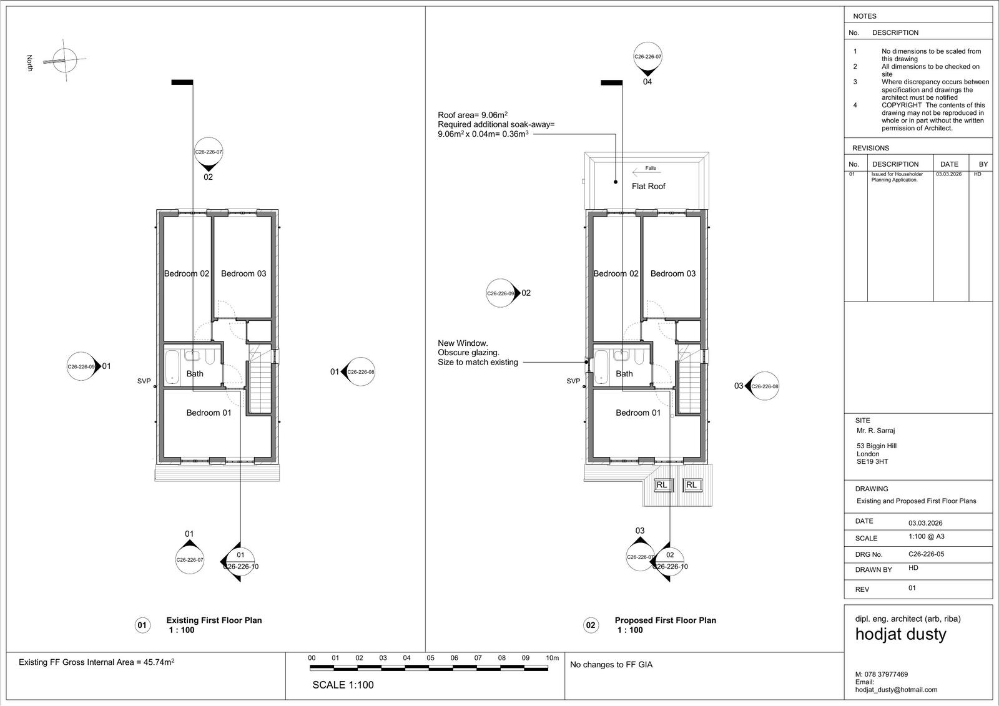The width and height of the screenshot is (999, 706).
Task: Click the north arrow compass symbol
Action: tap(64, 60)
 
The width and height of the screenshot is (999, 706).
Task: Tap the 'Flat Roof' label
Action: tap(648, 187)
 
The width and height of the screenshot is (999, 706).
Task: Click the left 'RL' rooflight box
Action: tap(661, 485)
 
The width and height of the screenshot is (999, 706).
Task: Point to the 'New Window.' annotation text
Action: tap(463, 343)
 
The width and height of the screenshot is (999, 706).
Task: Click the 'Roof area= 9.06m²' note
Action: tap(472, 115)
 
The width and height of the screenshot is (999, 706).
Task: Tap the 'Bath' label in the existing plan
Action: tap(195, 374)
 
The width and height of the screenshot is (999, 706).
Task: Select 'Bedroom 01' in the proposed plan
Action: tap(637, 413)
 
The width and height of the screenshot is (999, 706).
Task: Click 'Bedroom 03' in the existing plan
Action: tap(244, 274)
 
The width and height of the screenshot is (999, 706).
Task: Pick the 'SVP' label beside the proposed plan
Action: tap(573, 381)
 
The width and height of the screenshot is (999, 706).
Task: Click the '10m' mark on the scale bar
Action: tap(552, 658)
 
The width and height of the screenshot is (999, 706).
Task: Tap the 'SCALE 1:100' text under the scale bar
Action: tap(343, 685)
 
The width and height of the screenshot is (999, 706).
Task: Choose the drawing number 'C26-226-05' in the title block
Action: tap(927, 554)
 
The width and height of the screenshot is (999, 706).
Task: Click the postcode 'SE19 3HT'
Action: tap(872, 461)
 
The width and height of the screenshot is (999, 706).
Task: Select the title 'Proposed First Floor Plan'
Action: tap(666, 620)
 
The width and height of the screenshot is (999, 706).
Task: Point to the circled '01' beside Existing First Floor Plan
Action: tap(142, 625)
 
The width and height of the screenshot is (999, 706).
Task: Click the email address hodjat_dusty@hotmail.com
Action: tap(896, 690)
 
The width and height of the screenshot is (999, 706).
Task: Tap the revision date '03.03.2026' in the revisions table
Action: tap(948, 174)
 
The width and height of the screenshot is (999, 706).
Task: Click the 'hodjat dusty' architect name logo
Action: tap(900, 634)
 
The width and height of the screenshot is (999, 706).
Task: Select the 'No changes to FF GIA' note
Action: tap(611, 665)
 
